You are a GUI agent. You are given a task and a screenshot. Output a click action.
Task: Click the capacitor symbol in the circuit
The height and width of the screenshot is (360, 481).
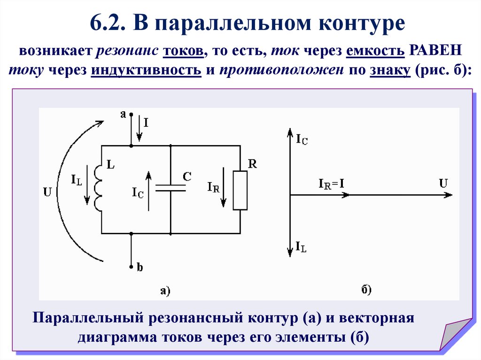click(170, 188)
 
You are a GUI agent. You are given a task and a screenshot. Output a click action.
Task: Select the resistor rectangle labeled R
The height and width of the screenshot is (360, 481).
click(240, 190)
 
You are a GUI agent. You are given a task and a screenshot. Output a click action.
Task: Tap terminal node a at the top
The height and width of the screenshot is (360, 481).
click(131, 114)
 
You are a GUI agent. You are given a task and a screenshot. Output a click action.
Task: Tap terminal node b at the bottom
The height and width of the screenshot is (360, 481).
click(131, 267)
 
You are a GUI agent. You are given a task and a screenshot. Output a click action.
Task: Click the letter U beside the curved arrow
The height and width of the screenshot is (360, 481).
click(47, 191)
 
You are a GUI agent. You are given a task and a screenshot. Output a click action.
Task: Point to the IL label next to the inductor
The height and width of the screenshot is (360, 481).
click(77, 179)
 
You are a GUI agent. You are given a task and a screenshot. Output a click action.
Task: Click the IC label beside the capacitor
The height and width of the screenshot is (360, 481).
click(138, 192)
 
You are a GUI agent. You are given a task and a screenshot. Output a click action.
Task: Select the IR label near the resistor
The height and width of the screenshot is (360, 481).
click(213, 186)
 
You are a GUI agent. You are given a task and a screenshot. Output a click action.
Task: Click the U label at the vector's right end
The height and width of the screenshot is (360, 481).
click(443, 183)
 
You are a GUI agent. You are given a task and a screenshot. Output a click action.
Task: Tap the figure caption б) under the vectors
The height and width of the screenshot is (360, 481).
click(366, 290)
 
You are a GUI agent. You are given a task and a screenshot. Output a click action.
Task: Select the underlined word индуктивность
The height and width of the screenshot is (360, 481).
click(146, 70)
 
